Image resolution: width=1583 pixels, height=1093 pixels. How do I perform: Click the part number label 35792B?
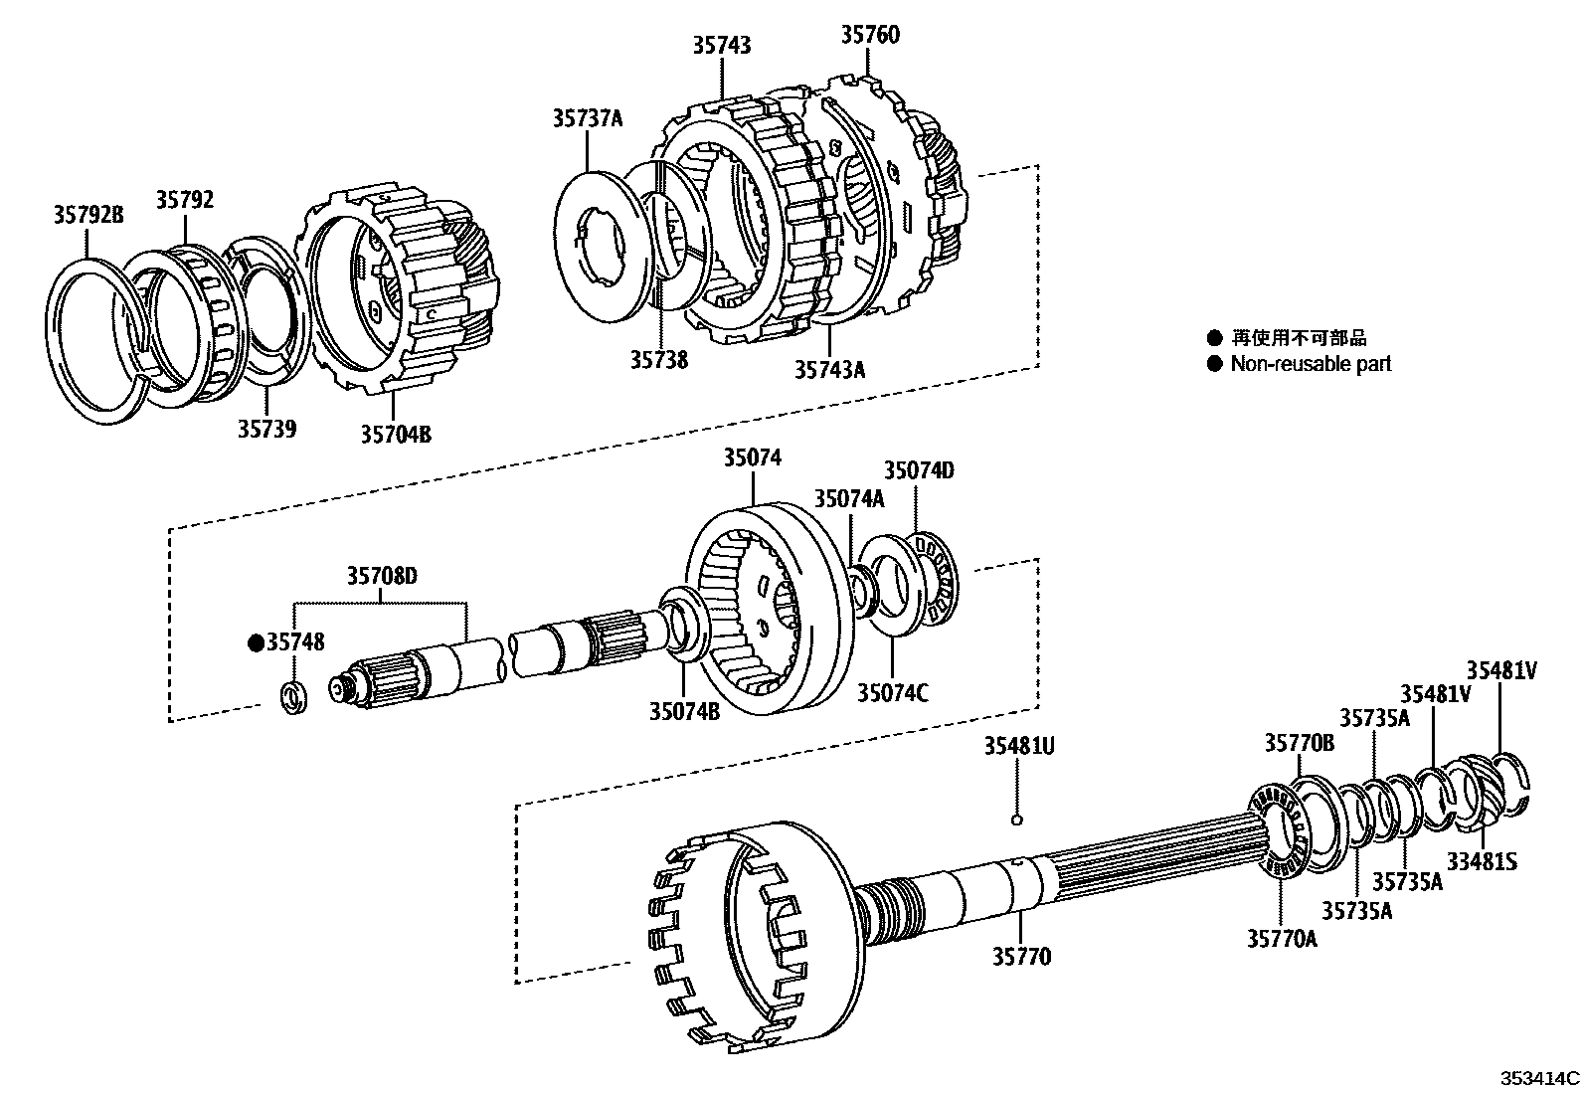[x=88, y=213]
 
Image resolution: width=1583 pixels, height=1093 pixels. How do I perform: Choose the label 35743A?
[x=829, y=369]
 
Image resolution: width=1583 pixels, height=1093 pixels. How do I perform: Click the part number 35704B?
[x=396, y=434]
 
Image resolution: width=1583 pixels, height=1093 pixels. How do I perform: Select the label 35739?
[x=266, y=429]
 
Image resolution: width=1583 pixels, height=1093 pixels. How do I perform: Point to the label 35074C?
[x=892, y=692]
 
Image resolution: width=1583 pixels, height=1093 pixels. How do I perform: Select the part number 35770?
[x=1020, y=957]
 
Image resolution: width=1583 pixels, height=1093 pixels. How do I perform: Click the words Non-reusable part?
[x=1311, y=364]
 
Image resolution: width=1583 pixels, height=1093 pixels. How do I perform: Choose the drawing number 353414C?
[x=1539, y=1078]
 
